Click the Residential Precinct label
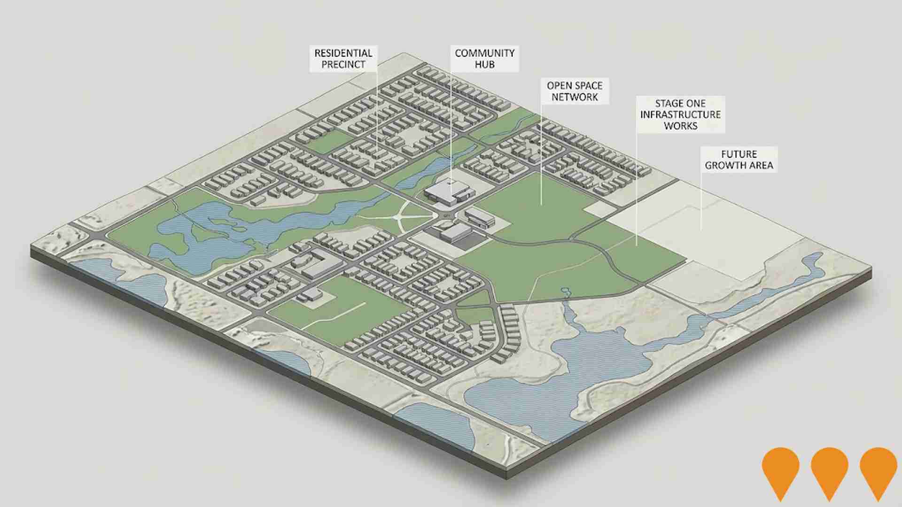343,59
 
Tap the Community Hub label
484,59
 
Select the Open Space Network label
575,91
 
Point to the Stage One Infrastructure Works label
680,115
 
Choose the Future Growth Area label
739,160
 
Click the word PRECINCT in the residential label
343,65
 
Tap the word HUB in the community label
484,65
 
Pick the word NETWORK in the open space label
575,97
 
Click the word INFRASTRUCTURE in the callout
680,115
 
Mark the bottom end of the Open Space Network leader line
541,205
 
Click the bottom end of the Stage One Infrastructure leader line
637,245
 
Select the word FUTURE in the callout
739,154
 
